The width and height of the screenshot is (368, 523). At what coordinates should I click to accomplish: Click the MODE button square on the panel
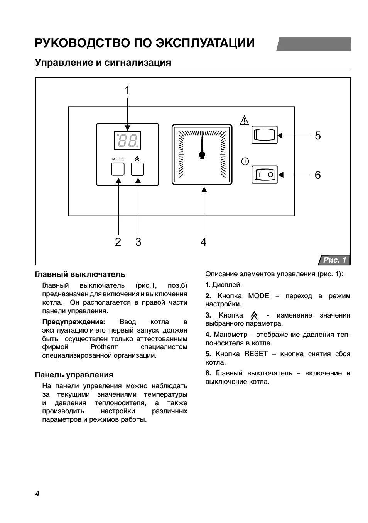(x=118, y=169)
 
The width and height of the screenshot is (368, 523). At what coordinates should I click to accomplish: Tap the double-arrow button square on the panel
(x=137, y=169)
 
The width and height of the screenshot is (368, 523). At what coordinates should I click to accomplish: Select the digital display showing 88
(x=127, y=141)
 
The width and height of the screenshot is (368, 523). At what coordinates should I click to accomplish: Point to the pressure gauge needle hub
(x=202, y=155)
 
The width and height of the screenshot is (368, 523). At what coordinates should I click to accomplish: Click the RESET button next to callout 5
(x=264, y=135)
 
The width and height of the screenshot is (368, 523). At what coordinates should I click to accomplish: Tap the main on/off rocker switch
(x=264, y=175)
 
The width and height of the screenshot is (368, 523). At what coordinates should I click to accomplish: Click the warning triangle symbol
(x=244, y=120)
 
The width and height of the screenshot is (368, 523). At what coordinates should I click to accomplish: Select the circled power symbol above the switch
(x=245, y=161)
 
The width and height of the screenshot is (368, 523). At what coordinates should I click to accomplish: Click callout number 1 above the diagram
(x=127, y=90)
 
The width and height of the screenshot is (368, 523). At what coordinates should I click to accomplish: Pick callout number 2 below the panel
(x=118, y=242)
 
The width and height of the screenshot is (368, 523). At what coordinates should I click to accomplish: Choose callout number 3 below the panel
(x=138, y=242)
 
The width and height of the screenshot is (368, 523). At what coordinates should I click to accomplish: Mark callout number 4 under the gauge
(x=203, y=242)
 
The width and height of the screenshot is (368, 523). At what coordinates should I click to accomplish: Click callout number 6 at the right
(x=317, y=175)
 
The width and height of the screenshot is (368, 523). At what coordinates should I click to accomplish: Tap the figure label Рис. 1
(x=334, y=260)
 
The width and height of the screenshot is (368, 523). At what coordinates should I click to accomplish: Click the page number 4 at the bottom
(x=37, y=494)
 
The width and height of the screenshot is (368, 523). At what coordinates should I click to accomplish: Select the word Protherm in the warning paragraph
(x=105, y=347)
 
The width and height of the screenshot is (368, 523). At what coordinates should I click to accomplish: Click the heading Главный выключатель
(x=80, y=274)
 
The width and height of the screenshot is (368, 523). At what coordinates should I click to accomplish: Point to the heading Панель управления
(x=74, y=375)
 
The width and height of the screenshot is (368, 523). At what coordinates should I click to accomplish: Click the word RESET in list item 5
(x=256, y=354)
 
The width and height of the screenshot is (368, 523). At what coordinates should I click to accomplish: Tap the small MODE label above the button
(x=118, y=159)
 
